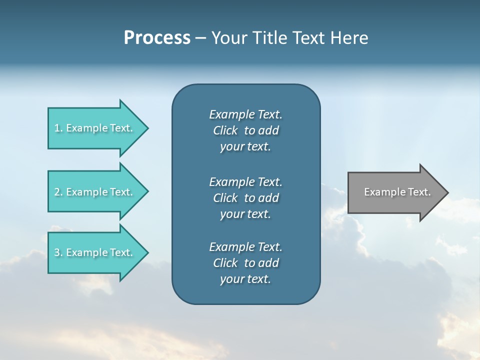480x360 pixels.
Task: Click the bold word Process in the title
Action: [157, 38]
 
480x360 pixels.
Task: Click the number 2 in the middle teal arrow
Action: [57, 192]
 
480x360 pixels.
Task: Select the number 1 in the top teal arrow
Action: [57, 128]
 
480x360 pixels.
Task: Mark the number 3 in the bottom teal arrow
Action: [57, 252]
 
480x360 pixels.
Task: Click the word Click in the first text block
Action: [225, 130]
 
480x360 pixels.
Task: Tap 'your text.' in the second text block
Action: [245, 214]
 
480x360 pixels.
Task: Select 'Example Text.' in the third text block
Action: [245, 247]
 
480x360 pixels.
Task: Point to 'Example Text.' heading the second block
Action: [245, 181]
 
